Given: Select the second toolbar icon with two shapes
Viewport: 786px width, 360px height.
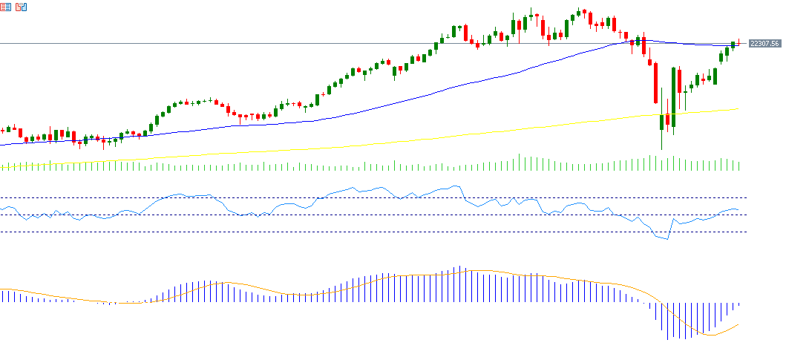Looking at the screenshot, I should [x=21, y=7].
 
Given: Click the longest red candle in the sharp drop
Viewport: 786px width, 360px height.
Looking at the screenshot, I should [x=655, y=83].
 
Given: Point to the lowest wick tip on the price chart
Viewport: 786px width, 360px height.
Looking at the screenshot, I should [x=661, y=150].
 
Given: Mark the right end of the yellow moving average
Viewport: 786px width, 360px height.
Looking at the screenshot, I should [x=739, y=109].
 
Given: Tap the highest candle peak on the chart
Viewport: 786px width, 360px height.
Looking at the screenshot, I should [x=531, y=8].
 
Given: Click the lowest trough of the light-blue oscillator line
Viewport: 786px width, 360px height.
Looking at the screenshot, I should [x=667, y=240].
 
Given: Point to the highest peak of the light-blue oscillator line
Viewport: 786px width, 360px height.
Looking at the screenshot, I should [x=454, y=186].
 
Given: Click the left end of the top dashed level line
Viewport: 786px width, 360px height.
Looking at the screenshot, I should [x=1, y=198].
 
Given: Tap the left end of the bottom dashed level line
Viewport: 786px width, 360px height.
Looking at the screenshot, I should [x=1, y=232].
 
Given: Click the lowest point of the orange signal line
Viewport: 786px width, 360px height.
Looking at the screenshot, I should [x=711, y=335].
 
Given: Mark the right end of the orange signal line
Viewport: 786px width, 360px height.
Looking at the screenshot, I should [x=739, y=324].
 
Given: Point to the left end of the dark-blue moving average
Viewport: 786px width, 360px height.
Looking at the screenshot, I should [x=1, y=145].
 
